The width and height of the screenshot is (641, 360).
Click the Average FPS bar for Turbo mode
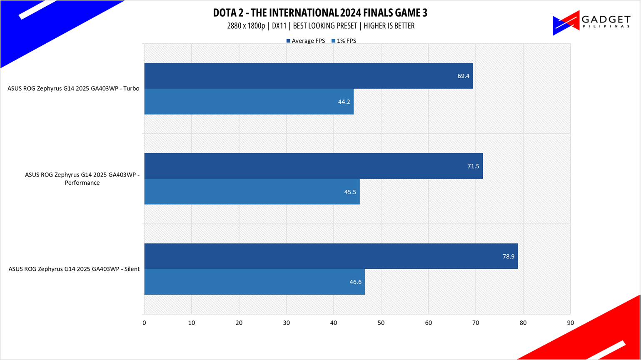pos(309,76)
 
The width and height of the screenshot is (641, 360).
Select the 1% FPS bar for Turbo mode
pos(249,102)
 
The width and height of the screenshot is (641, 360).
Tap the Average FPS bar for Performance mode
pos(314,166)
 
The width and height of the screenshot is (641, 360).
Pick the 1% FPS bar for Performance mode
pos(252,191)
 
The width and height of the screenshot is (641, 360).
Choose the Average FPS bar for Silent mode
pos(331,256)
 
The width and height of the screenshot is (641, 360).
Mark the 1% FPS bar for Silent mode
pos(254,282)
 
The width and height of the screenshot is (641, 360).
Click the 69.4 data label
pos(463,76)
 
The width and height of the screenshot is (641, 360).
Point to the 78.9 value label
pos(509,256)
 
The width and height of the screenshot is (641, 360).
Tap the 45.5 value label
pos(350,192)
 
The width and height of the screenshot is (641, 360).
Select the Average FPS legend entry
pos(306,41)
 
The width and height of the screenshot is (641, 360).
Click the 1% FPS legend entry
pos(344,41)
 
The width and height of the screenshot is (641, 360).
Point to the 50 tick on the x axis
pos(381,323)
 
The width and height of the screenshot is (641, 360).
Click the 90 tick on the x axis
pos(570,323)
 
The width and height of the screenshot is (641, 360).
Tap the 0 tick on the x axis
pos(144,323)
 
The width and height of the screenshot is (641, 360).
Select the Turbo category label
pos(73,89)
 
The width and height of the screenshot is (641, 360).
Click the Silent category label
pos(74,269)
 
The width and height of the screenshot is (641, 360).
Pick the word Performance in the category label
pos(82,183)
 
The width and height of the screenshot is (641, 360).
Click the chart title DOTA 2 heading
pos(320,13)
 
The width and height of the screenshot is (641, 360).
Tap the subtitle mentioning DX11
pos(321,26)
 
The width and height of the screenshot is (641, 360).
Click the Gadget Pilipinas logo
pos(591,23)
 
